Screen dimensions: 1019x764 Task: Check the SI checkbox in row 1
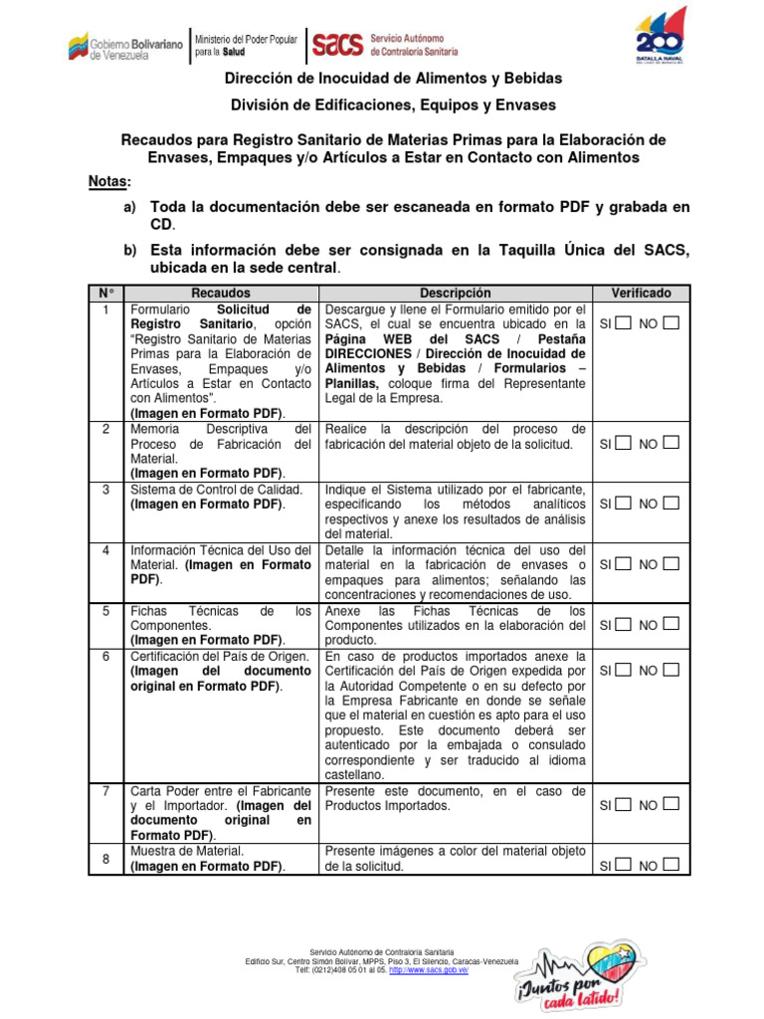point(622,323)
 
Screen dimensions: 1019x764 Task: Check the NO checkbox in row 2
point(670,443)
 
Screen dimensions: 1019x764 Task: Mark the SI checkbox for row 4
point(622,563)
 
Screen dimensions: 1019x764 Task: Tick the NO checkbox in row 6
point(670,670)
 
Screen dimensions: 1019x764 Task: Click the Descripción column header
point(455,294)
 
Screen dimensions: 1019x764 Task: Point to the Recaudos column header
point(221,294)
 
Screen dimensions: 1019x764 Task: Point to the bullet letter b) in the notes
point(130,250)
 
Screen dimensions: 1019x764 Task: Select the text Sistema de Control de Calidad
point(215,490)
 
